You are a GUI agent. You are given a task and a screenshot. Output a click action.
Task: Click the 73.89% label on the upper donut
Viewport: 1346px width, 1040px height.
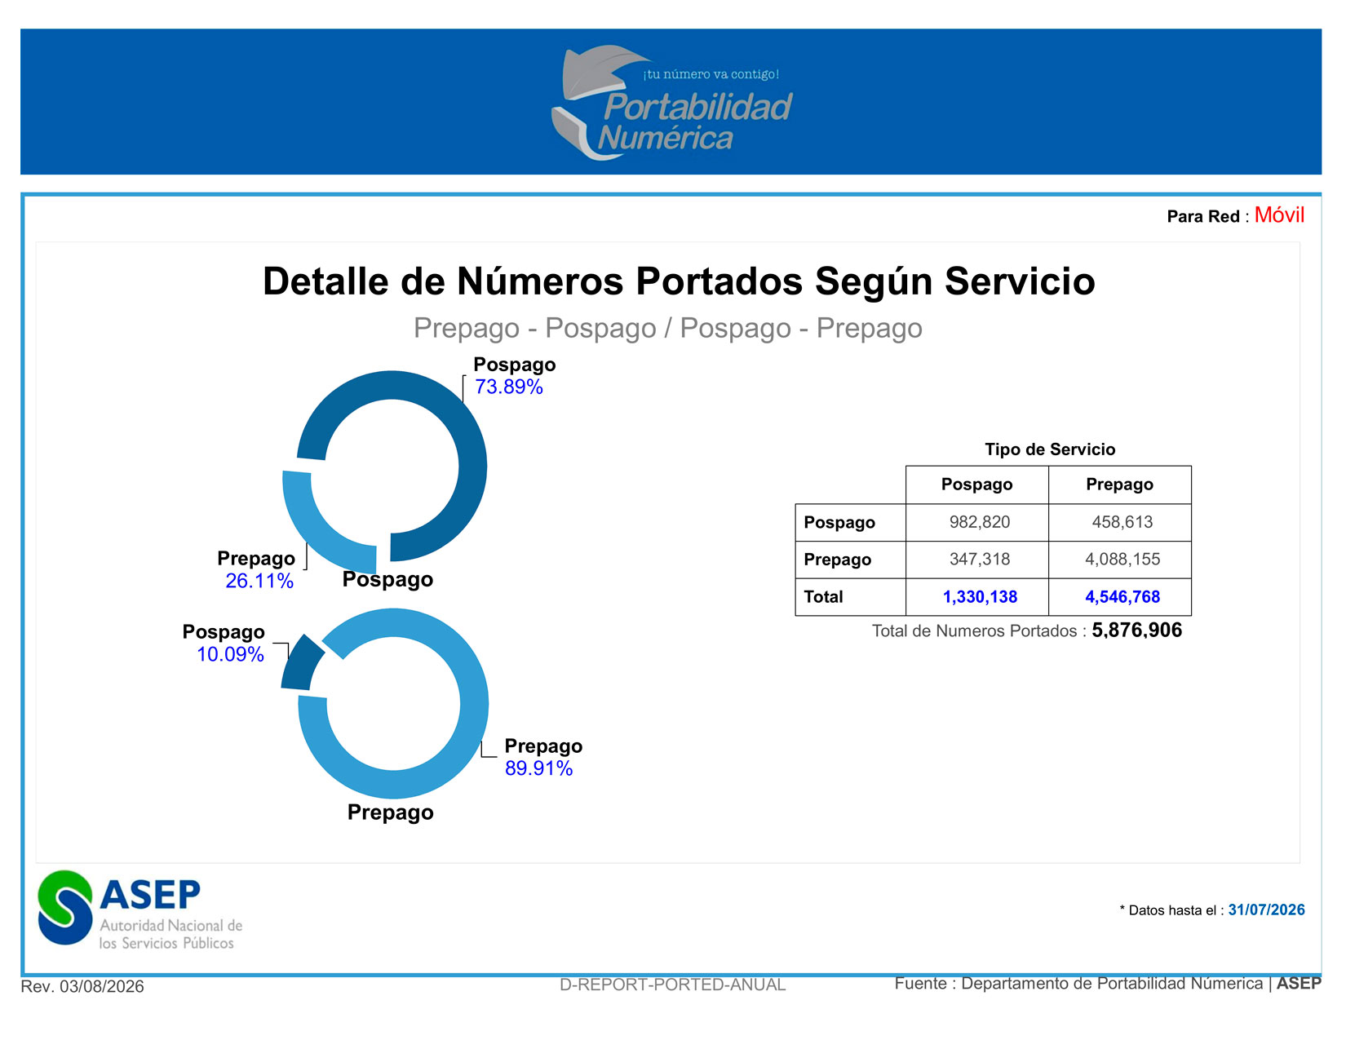pos(508,387)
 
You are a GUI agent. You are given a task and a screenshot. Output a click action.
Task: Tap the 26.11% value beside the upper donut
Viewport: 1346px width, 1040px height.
pos(259,581)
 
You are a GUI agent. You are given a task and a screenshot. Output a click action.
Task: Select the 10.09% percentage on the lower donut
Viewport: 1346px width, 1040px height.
pos(230,653)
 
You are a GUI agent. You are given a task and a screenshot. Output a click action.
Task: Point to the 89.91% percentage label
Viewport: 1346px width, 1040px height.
pos(538,768)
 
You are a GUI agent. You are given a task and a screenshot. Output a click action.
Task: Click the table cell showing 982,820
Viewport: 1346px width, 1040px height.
pos(979,521)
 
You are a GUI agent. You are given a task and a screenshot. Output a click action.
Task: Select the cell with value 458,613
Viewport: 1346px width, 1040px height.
pos(1122,521)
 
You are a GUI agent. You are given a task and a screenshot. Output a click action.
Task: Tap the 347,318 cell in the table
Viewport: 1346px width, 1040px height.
pos(979,559)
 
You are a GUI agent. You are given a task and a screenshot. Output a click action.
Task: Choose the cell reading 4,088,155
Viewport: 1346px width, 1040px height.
pos(1122,559)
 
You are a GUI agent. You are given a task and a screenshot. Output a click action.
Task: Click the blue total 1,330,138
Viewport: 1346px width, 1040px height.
pos(979,596)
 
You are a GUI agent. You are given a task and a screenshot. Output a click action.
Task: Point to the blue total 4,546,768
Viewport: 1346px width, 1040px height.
pos(1122,596)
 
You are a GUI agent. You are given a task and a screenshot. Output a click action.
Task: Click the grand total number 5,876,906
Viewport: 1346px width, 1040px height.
pos(1136,630)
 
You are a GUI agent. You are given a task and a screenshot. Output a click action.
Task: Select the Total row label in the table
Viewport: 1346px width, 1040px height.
pos(822,596)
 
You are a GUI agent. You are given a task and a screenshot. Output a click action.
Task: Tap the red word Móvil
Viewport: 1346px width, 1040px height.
pos(1279,215)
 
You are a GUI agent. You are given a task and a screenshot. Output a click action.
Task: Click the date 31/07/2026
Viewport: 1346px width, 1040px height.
pos(1266,909)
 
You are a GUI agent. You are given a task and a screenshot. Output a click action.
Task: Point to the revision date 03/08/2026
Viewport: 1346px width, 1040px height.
pos(102,986)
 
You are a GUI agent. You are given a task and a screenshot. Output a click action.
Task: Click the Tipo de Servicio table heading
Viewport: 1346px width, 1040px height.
pos(1050,449)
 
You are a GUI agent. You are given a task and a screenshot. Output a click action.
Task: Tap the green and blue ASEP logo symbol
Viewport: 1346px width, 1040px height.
pos(64,907)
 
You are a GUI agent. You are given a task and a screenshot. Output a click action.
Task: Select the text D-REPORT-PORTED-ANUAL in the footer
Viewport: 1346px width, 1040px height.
pos(672,985)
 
